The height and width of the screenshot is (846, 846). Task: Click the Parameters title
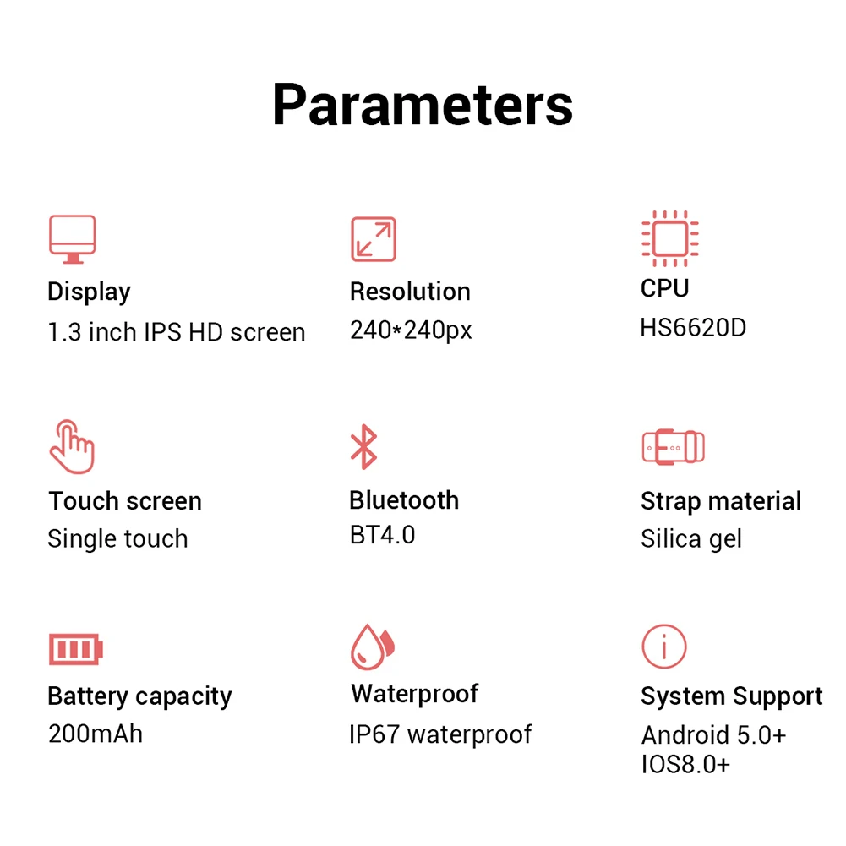423,105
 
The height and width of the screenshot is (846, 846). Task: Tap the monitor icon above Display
72,239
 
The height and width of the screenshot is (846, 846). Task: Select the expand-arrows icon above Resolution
373,239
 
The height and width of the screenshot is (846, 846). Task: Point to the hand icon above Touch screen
72,446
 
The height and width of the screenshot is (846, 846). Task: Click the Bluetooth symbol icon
363,447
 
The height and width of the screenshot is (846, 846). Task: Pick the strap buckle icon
673,446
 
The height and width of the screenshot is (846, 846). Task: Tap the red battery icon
75,649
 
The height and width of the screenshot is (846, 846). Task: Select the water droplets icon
373,647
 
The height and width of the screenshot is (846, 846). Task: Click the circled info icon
663,647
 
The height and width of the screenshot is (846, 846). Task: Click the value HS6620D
693,328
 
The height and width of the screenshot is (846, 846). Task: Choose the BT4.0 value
382,535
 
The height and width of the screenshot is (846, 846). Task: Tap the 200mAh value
96,733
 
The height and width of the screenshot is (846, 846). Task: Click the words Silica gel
690,538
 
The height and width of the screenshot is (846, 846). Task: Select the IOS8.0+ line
685,765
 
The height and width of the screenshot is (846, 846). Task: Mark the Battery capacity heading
139,696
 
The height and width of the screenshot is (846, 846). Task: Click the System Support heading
731,696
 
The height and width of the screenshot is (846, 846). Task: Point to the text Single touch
117,538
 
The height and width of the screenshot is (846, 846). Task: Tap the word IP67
374,734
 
